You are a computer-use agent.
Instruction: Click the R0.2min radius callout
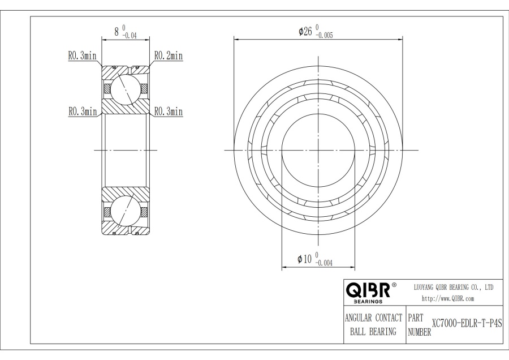pos(168,56)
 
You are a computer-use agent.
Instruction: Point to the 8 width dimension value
pos(117,32)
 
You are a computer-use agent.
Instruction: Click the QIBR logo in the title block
pos(368,290)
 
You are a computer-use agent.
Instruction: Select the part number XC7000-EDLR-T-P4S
pos(467,324)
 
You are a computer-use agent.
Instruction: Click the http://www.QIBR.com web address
pos(448,299)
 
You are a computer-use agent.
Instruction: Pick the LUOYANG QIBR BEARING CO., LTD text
pos(454,287)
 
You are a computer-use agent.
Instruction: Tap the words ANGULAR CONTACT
pos(373,318)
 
